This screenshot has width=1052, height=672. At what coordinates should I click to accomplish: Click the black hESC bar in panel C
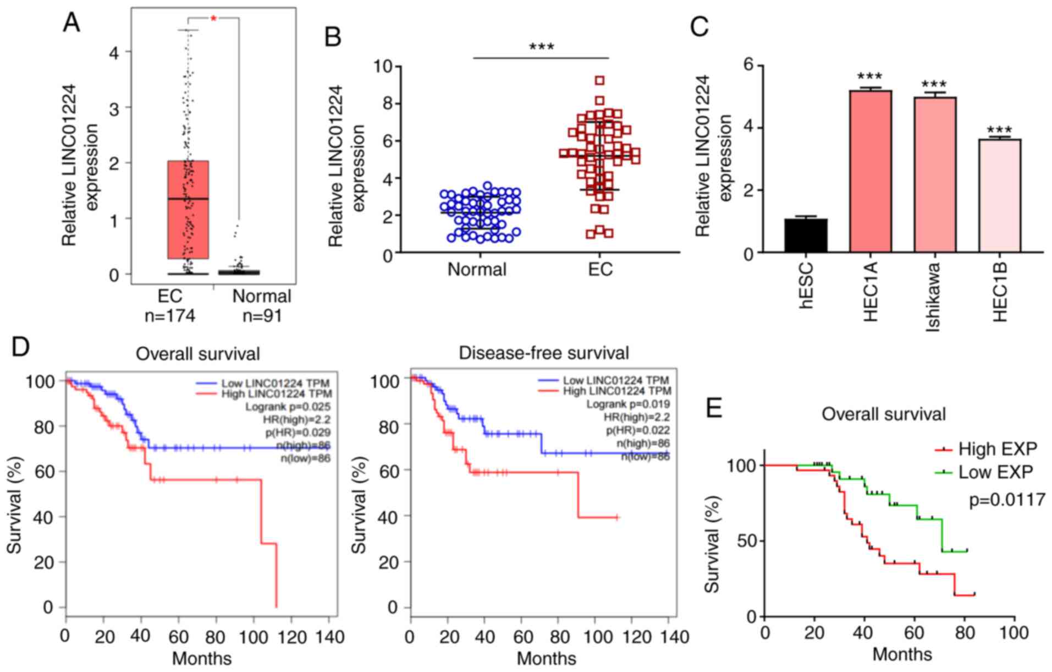[806, 236]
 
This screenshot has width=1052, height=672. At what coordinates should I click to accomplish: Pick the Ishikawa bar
[935, 175]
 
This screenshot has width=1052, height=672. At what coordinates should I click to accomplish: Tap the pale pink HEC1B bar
[999, 196]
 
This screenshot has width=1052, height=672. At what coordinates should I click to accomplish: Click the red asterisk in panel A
[214, 19]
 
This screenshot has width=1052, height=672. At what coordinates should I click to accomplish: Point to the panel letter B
[333, 37]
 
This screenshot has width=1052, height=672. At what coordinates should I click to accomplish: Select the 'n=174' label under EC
[170, 316]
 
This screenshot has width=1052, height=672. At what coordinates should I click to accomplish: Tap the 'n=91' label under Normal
[262, 316]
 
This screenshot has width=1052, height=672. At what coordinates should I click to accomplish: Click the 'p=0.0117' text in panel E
[1006, 500]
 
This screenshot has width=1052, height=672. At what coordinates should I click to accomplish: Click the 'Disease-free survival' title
[543, 353]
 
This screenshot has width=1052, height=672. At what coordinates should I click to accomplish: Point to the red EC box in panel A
[188, 210]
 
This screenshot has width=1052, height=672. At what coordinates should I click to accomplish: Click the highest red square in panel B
[599, 81]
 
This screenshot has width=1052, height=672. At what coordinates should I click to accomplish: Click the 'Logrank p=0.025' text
[288, 407]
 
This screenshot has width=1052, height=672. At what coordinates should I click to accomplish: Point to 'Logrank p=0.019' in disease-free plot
[628, 404]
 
